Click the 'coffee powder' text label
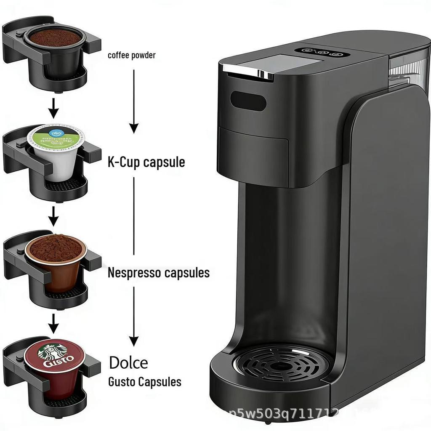point(131,55)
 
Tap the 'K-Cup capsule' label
point(146,162)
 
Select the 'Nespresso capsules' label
point(158,273)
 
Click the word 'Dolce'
point(128,363)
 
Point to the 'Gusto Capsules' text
point(145,382)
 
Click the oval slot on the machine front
point(248,101)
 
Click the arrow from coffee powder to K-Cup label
point(134,101)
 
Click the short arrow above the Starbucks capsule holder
point(53,323)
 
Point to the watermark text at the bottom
point(286,415)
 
